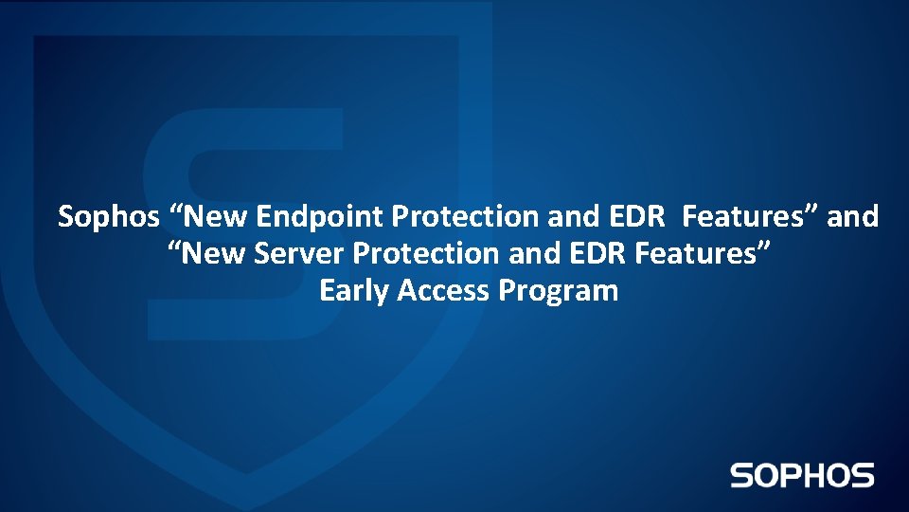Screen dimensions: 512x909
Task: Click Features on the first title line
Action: (749, 217)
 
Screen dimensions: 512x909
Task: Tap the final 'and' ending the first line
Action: (853, 217)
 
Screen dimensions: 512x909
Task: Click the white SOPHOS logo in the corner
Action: (802, 475)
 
